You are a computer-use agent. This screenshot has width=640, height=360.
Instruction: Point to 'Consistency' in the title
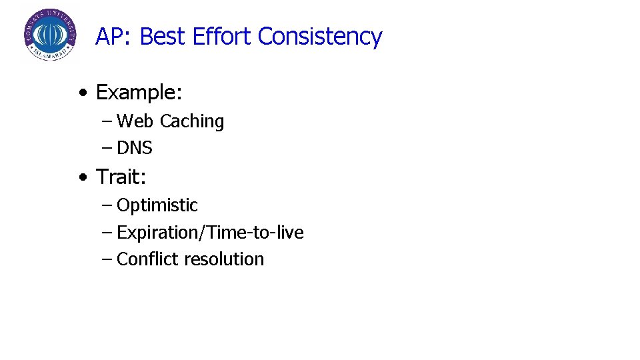pyautogui.click(x=320, y=37)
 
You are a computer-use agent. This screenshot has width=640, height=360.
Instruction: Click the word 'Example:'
pyautogui.click(x=139, y=93)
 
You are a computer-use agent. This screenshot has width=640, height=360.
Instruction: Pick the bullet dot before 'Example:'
pyautogui.click(x=81, y=93)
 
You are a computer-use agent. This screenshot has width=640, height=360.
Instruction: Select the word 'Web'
pyautogui.click(x=135, y=121)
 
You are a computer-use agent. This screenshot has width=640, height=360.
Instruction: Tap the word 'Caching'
pyautogui.click(x=192, y=122)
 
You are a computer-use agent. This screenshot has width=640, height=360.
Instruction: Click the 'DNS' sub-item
pyautogui.click(x=135, y=148)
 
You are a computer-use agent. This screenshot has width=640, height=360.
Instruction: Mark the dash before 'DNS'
pyautogui.click(x=107, y=148)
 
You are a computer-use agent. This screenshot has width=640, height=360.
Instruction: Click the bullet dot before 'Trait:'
pyautogui.click(x=81, y=177)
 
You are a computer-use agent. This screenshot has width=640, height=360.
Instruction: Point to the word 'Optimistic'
pyautogui.click(x=157, y=206)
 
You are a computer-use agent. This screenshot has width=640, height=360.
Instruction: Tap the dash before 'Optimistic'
pyautogui.click(x=107, y=206)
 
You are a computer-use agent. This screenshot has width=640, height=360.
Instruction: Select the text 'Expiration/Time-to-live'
pyautogui.click(x=210, y=233)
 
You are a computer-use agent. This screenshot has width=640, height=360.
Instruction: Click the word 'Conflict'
pyautogui.click(x=148, y=259)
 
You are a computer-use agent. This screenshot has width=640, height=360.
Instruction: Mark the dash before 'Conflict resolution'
pyautogui.click(x=107, y=259)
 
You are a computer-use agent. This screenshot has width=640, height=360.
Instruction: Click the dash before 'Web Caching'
pyautogui.click(x=107, y=121)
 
